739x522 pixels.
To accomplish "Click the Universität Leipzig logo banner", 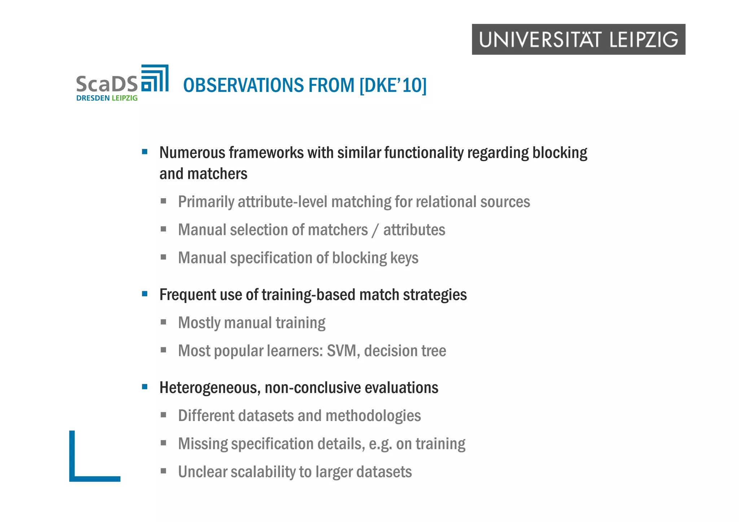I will point(578,39).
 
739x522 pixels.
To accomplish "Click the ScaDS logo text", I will point(107,84).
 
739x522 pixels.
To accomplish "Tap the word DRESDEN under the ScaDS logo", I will point(93,98).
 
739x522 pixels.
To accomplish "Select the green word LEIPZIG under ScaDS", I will point(124,98).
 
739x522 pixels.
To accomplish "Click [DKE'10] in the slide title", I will point(393,85).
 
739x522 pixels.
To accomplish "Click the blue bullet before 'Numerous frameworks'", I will point(145,152).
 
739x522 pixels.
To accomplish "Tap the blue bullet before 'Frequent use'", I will point(145,294).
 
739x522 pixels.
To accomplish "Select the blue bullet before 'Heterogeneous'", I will point(145,387).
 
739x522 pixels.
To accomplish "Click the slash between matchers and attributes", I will point(375,230).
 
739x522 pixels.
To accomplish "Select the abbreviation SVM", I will point(343,351).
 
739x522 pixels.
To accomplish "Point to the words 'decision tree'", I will point(405,351).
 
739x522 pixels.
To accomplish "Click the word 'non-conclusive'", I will point(312,388).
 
